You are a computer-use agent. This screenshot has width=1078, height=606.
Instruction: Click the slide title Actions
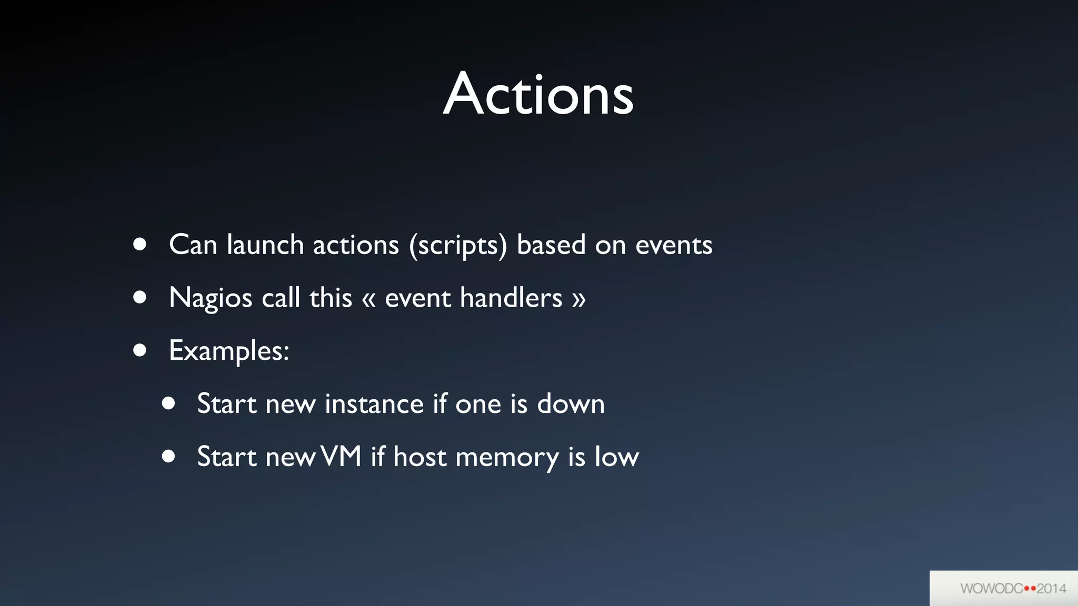pyautogui.click(x=538, y=95)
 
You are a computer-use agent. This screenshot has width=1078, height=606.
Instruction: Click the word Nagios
pyautogui.click(x=211, y=298)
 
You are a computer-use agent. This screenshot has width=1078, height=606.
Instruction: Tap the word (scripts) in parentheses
pyautogui.click(x=458, y=245)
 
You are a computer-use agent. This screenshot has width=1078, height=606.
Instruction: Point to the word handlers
pyautogui.click(x=511, y=298)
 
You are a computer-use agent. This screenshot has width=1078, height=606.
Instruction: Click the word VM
pyautogui.click(x=341, y=456)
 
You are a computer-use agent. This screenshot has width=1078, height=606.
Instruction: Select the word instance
pyautogui.click(x=374, y=404)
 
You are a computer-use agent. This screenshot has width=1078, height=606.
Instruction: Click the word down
pyautogui.click(x=571, y=404)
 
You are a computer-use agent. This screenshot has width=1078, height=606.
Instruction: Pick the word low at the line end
pyautogui.click(x=616, y=457)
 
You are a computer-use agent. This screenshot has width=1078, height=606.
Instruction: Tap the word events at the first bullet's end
pyautogui.click(x=674, y=246)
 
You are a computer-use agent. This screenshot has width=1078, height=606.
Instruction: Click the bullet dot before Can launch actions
pyautogui.click(x=139, y=244)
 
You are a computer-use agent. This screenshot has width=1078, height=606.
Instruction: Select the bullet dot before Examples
pyautogui.click(x=139, y=350)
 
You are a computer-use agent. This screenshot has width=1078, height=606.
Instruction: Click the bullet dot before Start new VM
pyautogui.click(x=168, y=456)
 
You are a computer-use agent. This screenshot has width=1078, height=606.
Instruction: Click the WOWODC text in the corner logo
pyautogui.click(x=992, y=588)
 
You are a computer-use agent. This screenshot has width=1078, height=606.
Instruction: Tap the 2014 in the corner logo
pyautogui.click(x=1051, y=588)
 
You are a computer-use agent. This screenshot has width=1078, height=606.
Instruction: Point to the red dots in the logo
pyautogui.click(x=1030, y=588)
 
